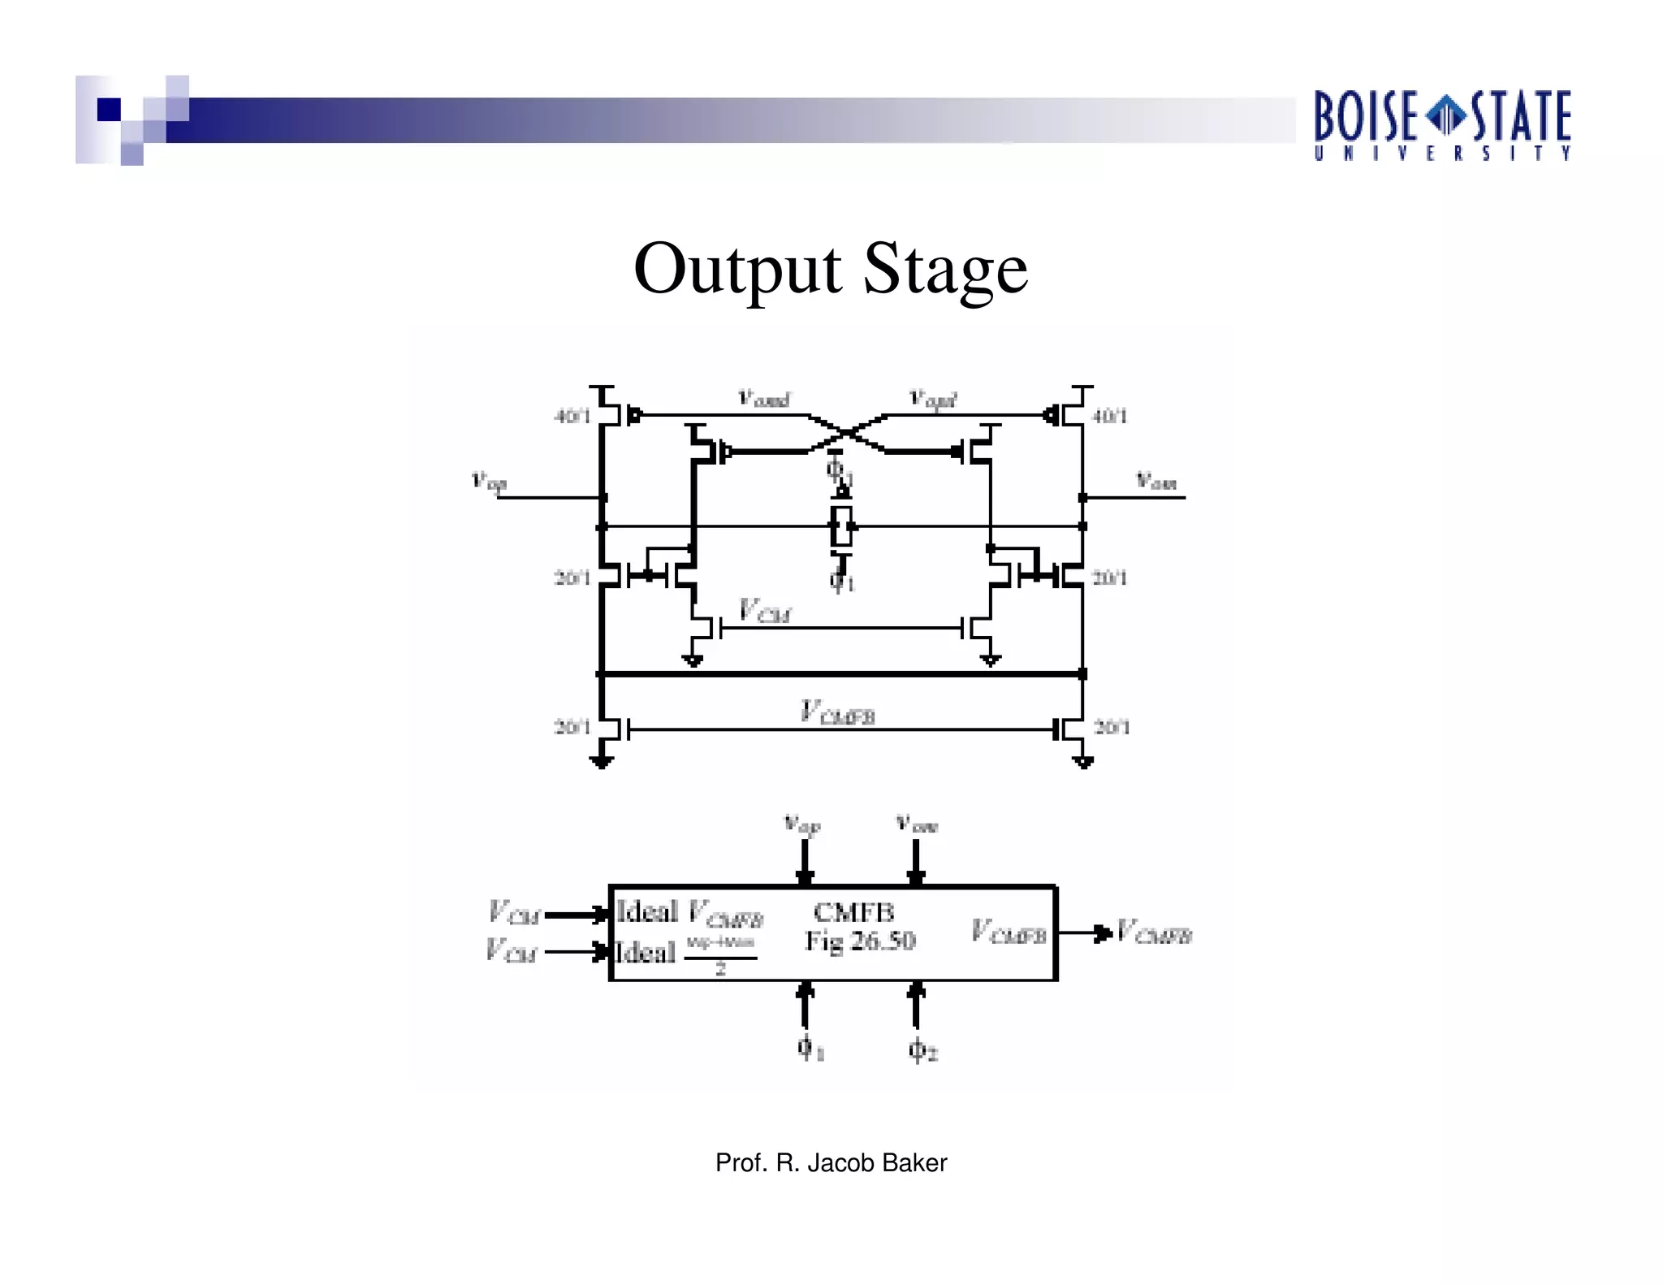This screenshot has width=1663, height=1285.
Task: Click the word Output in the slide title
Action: click(736, 269)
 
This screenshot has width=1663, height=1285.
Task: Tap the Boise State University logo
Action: click(1442, 125)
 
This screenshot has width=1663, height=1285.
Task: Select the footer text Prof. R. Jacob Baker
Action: click(831, 1163)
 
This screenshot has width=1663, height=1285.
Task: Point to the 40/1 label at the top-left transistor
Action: click(572, 417)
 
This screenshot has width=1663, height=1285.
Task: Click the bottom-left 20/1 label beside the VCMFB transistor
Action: click(572, 726)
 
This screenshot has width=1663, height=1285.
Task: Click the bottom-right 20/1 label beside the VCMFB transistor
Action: click(1111, 726)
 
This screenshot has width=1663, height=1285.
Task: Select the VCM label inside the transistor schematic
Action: click(763, 611)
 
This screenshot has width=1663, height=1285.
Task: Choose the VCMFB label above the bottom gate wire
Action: click(837, 712)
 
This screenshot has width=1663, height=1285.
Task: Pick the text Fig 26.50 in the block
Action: click(859, 941)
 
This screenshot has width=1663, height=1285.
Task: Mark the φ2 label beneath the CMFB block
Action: click(922, 1049)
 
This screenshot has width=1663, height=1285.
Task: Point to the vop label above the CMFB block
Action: click(802, 824)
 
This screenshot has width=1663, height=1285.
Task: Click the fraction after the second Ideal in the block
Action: click(720, 954)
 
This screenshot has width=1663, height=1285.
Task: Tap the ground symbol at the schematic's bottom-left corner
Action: click(601, 761)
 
